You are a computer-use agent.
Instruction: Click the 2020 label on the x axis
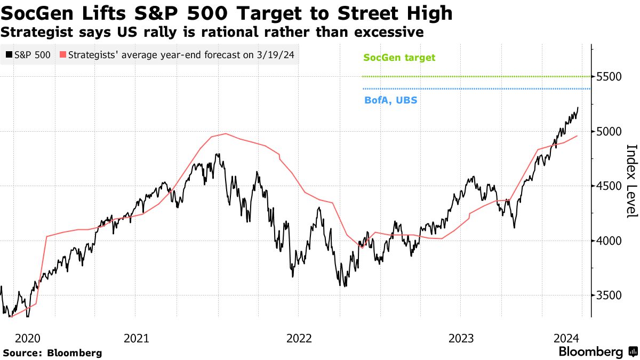(28, 338)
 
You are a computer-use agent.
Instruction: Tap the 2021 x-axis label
(137, 338)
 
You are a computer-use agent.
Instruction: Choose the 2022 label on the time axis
(299, 338)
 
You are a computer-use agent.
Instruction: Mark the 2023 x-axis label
(461, 338)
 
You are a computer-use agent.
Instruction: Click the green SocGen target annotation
(399, 58)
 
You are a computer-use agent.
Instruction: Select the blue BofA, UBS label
(390, 100)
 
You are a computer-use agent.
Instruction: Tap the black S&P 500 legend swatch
(9, 54)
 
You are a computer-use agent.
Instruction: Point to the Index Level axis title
(631, 181)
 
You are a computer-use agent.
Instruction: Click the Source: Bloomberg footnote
(52, 353)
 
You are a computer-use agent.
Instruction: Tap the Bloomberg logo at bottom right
(597, 352)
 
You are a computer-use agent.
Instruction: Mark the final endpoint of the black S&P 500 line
(578, 108)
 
